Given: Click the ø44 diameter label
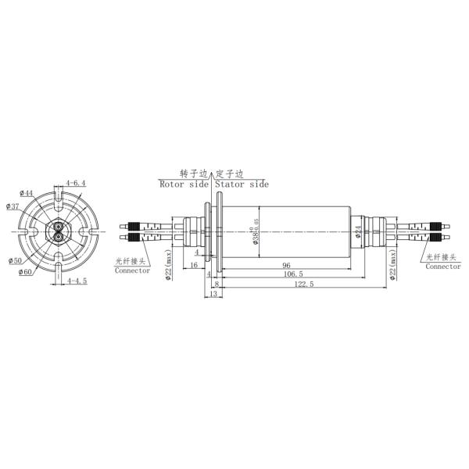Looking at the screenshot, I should (x=27, y=193).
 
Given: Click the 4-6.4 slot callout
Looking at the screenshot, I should (x=76, y=182).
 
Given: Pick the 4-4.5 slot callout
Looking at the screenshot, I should (x=77, y=280).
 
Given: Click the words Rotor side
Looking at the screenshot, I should (x=184, y=184).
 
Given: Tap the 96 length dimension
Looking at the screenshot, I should (x=286, y=266).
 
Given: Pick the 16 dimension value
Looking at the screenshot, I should (x=193, y=266).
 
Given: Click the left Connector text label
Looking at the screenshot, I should (x=132, y=270).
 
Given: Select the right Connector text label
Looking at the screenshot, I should (x=443, y=266).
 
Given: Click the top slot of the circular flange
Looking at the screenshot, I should (x=59, y=190).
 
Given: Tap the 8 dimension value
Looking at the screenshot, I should (x=217, y=285).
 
